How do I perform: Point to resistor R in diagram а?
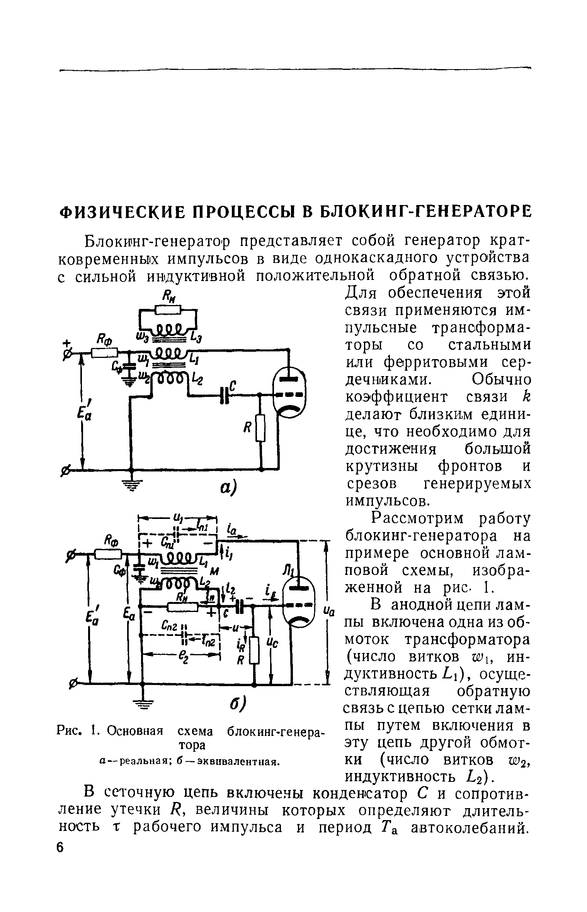(x=261, y=428)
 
